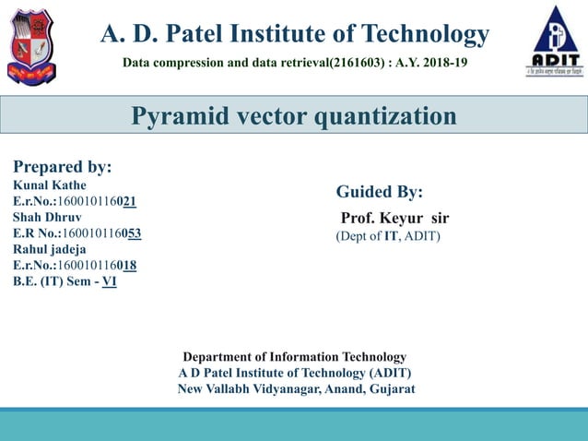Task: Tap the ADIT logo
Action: coord(555,41)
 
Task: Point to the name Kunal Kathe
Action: coord(50,185)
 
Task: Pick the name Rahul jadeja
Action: coord(51,249)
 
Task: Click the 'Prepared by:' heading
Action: coord(62,167)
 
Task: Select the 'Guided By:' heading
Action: coord(380,192)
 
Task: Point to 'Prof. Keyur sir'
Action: coord(394,219)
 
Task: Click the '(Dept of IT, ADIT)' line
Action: coord(388,236)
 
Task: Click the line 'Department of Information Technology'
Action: coord(294,356)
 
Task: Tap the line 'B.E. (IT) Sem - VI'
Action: coord(65,281)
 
